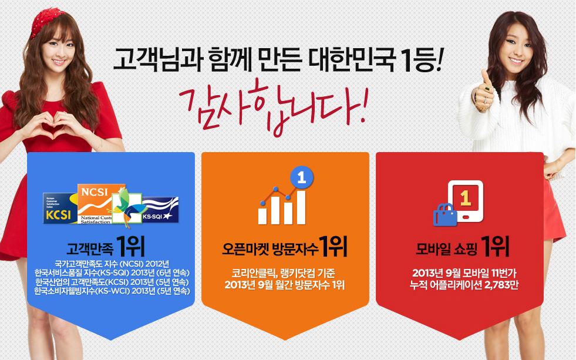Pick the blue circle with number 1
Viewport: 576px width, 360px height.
pyautogui.click(x=302, y=177)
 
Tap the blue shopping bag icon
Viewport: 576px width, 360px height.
pyautogui.click(x=445, y=215)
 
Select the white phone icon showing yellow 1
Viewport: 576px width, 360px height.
pyautogui.click(x=466, y=201)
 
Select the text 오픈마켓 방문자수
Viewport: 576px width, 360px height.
pyautogui.click(x=270, y=250)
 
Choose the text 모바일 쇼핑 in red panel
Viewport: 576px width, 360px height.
pyautogui.click(x=446, y=250)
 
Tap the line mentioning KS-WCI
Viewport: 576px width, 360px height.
pyautogui.click(x=112, y=291)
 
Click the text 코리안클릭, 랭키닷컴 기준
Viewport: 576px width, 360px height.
pyautogui.click(x=283, y=273)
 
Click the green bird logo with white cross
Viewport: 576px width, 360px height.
pyautogui.click(x=126, y=207)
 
